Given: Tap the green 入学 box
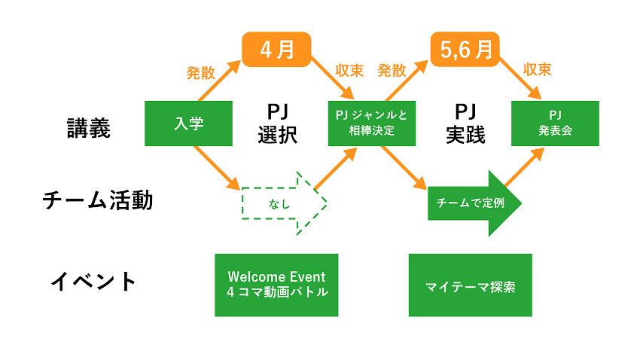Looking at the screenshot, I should pyautogui.click(x=188, y=124).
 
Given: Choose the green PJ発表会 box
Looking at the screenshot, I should pyautogui.click(x=555, y=124).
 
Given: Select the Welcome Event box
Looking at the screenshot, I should pyautogui.click(x=276, y=285).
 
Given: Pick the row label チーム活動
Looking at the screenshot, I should pyautogui.click(x=98, y=200).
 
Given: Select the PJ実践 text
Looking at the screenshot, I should pyautogui.click(x=465, y=125).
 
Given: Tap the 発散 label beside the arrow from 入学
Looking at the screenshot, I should pyautogui.click(x=201, y=73).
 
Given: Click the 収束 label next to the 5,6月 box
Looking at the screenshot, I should pyautogui.click(x=537, y=70).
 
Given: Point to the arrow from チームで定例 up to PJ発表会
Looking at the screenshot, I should pyautogui.click(x=525, y=168).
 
